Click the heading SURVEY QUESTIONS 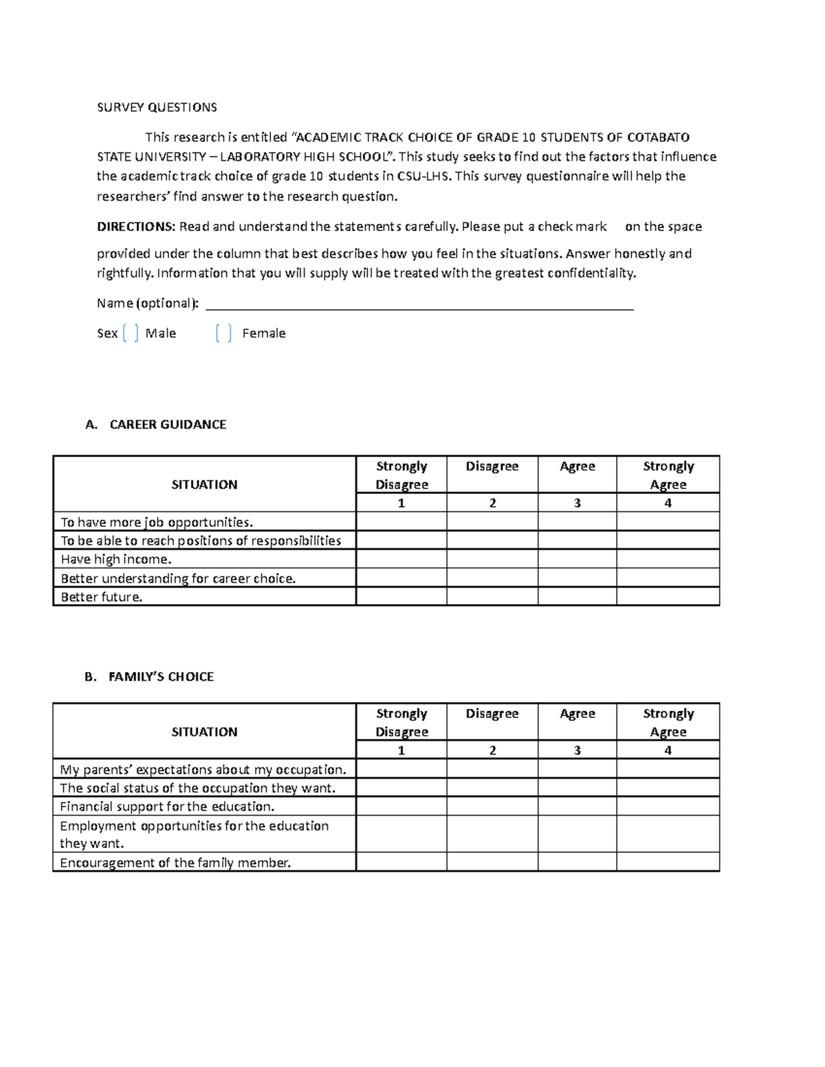(x=157, y=107)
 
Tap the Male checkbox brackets (x=131, y=333)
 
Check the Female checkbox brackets (x=223, y=333)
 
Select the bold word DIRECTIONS (x=136, y=227)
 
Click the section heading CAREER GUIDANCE (x=168, y=425)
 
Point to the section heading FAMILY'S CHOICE (x=161, y=677)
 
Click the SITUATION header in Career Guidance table (x=204, y=484)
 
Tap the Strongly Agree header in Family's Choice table (x=668, y=722)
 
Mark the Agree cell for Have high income (x=577, y=559)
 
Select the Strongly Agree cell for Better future (x=668, y=596)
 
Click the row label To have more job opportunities (x=157, y=522)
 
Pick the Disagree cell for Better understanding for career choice (x=492, y=578)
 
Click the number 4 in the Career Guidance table (x=668, y=503)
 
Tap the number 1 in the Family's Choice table (x=401, y=750)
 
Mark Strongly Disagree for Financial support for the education (x=401, y=806)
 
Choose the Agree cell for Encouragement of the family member (x=577, y=862)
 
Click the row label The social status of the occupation (x=197, y=788)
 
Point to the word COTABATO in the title (x=658, y=137)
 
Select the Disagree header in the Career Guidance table (x=492, y=467)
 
